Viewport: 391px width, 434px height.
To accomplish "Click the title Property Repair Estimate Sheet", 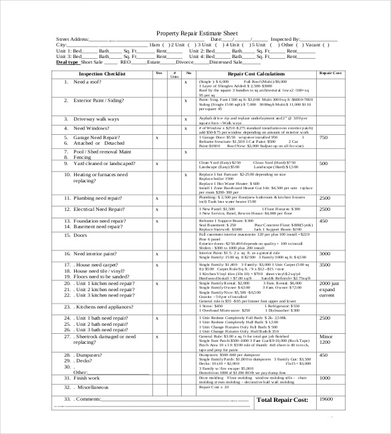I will [196, 33].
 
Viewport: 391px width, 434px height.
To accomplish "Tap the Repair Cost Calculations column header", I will [256, 73].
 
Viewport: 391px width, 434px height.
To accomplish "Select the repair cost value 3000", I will [324, 254].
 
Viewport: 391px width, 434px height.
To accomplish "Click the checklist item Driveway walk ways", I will [96, 118].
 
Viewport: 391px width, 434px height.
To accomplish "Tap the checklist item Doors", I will [80, 235].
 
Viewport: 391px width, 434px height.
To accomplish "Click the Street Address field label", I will [72, 40].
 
